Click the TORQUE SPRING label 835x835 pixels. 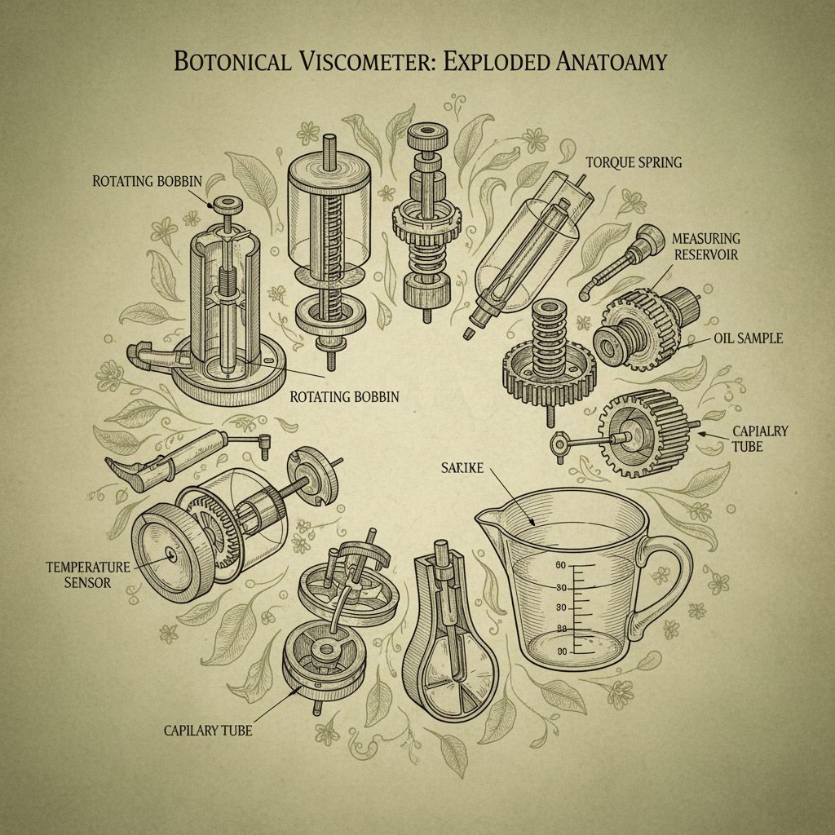tap(634, 162)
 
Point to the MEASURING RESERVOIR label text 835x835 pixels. tap(706, 245)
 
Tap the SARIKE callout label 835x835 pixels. tap(461, 467)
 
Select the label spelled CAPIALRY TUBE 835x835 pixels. tap(760, 438)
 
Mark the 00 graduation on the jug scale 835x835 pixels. tap(560, 652)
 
